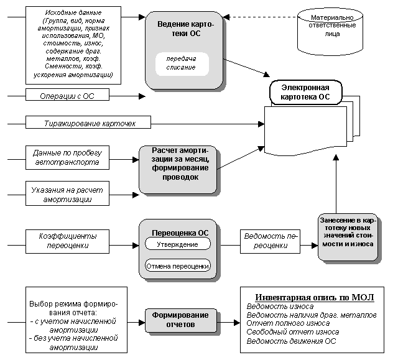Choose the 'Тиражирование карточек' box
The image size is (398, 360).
[x=89, y=123]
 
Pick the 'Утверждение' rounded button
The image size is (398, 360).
[x=178, y=245]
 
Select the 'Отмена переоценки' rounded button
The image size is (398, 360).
[x=178, y=267]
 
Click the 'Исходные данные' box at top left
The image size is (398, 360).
[x=73, y=44]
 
